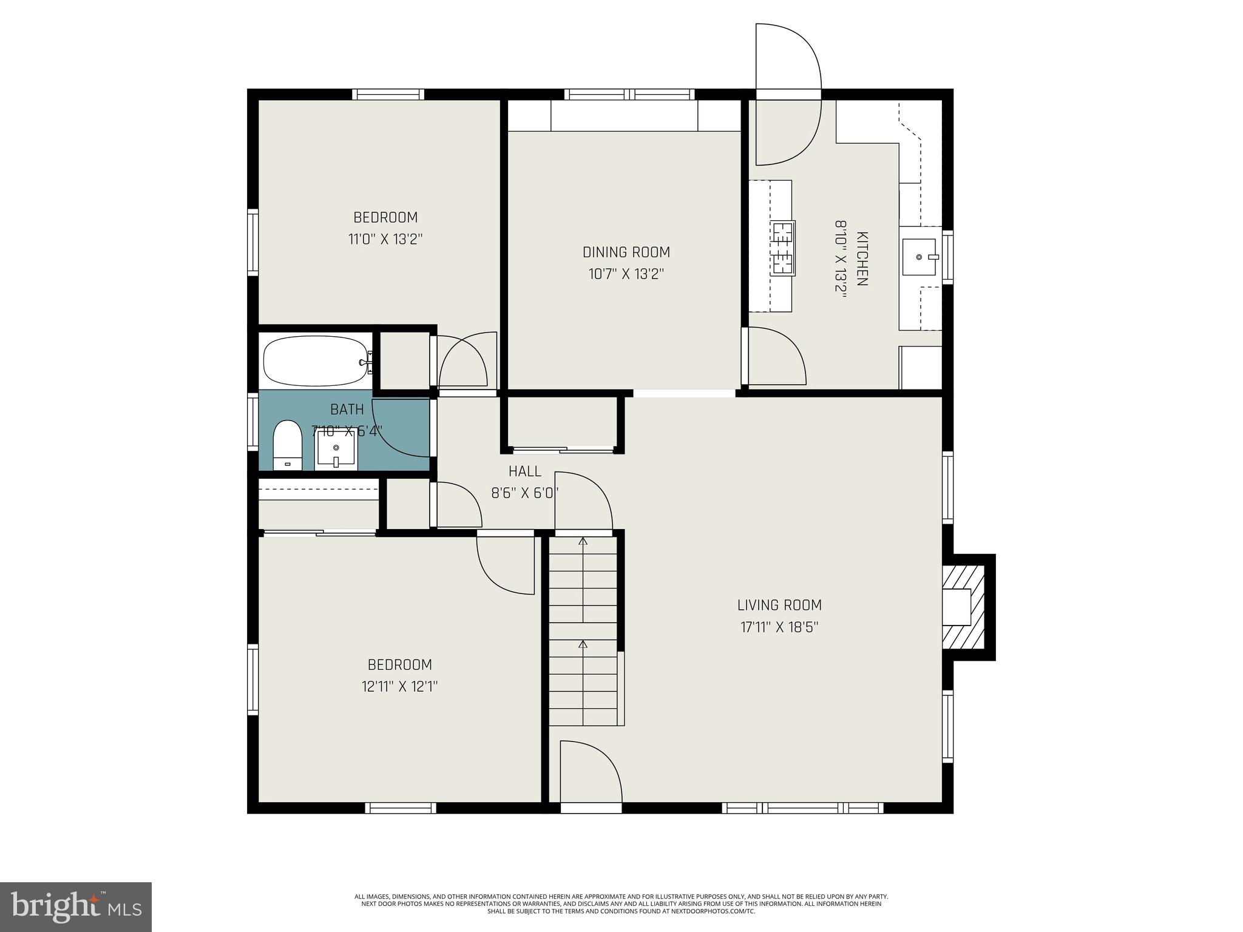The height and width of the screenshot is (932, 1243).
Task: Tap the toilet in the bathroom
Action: (x=287, y=445)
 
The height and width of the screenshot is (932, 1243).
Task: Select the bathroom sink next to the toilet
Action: (x=336, y=450)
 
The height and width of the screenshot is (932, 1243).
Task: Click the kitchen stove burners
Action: (x=782, y=248)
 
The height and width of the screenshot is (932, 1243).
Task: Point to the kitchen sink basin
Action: (x=919, y=257)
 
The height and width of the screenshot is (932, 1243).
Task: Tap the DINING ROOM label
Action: (x=626, y=252)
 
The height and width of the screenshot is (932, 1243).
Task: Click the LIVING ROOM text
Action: (x=779, y=605)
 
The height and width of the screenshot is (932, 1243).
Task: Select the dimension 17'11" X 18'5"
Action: (x=779, y=627)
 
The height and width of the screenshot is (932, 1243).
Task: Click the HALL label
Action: (x=524, y=471)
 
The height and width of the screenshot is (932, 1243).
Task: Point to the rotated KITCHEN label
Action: (x=862, y=258)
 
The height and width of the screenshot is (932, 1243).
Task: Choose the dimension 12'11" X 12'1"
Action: (x=399, y=686)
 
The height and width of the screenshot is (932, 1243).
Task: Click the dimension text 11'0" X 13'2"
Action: (x=385, y=239)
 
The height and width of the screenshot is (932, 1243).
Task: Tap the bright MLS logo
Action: (x=76, y=907)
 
